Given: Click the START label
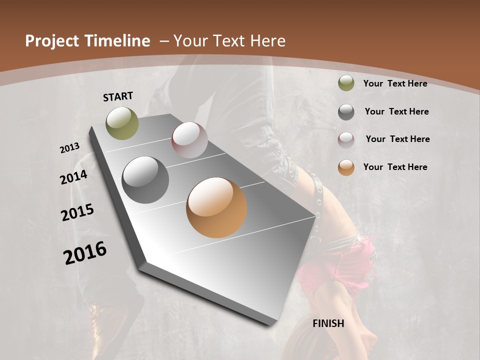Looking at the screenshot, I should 118,96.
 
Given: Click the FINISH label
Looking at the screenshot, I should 328,323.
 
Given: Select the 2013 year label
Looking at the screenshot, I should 70,148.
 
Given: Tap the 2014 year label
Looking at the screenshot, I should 74,177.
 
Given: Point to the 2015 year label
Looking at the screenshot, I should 77,212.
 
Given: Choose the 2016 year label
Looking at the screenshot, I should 85,253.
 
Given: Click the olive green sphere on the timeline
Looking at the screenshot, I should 122,123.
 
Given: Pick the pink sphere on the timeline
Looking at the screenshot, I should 189,140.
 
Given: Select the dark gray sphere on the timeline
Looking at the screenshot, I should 145,180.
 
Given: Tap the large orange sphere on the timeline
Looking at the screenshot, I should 216,207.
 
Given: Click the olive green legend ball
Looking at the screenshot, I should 346,83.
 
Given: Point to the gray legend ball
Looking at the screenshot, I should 346,112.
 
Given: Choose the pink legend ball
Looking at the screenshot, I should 346,139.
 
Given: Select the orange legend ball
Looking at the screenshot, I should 346,167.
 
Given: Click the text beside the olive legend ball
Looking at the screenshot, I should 395,83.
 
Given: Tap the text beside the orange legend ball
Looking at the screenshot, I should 395,167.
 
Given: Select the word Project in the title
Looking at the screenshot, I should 52,41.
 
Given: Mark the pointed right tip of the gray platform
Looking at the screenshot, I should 315,215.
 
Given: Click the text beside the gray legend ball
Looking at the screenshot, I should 396,111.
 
